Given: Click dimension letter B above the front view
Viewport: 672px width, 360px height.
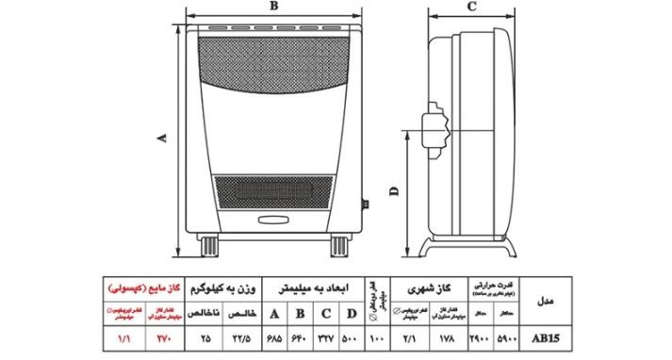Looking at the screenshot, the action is pyautogui.click(x=273, y=7).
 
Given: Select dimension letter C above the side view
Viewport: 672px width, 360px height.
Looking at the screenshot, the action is pyautogui.click(x=469, y=7).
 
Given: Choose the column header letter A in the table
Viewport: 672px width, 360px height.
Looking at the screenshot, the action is pyautogui.click(x=274, y=314).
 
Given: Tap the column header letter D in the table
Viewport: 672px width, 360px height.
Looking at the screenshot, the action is pyautogui.click(x=350, y=314).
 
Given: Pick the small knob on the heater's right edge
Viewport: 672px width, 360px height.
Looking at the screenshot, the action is pyautogui.click(x=366, y=202).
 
